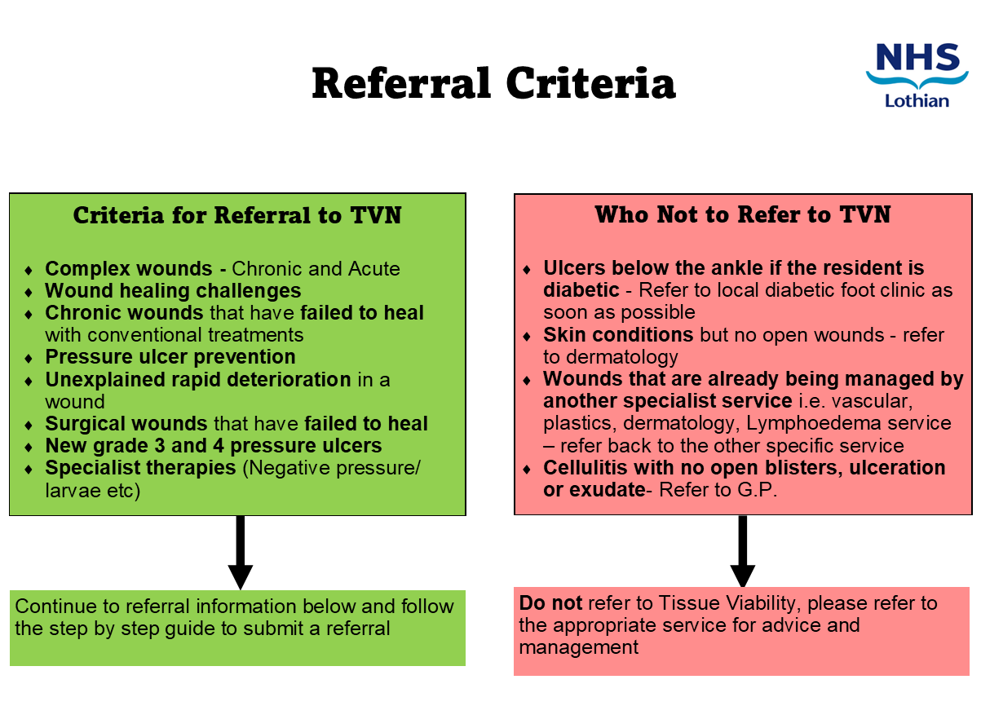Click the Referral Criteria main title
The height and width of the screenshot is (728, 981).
pyautogui.click(x=493, y=83)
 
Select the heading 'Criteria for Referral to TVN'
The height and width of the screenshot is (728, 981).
pyautogui.click(x=237, y=215)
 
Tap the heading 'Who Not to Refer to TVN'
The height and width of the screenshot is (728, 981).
pyautogui.click(x=742, y=214)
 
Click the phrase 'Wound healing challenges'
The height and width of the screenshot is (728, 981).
pyautogui.click(x=173, y=291)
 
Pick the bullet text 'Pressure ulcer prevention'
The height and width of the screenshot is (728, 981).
pyautogui.click(x=170, y=357)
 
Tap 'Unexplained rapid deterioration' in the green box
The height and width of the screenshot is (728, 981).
pyautogui.click(x=198, y=379)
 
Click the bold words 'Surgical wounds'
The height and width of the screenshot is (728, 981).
pyautogui.click(x=126, y=424)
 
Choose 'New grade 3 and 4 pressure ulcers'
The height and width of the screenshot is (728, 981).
pyautogui.click(x=214, y=446)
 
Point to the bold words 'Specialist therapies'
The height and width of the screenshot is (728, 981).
pyautogui.click(x=141, y=469)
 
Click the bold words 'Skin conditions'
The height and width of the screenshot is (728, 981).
pyautogui.click(x=618, y=335)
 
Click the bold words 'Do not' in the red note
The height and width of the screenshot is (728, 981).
pyautogui.click(x=550, y=603)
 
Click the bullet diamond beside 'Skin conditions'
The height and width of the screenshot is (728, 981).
pyautogui.click(x=528, y=336)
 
